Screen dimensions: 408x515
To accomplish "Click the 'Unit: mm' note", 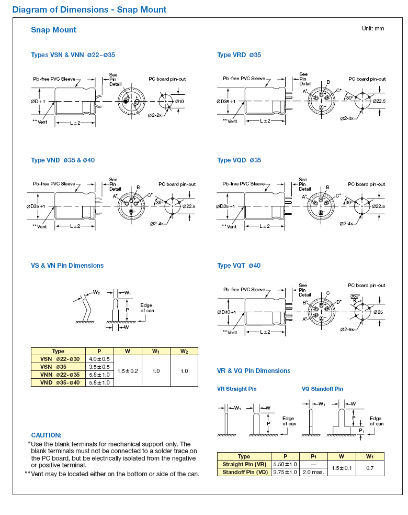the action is click(373, 29).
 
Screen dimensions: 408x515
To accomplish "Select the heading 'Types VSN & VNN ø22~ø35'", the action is click(73, 55).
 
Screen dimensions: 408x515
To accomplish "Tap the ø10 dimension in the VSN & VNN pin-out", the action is click(179, 102).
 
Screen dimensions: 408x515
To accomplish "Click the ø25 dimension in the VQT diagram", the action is click(378, 312).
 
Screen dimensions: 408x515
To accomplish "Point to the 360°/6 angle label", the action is click(355, 298).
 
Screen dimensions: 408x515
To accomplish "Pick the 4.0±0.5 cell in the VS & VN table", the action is click(99, 359).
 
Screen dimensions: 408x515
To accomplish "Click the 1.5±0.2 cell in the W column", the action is click(128, 371).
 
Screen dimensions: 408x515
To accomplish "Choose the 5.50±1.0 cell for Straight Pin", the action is click(285, 464).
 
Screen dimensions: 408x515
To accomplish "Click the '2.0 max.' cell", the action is click(313, 473).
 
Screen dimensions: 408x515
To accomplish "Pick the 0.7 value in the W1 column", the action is click(370, 468).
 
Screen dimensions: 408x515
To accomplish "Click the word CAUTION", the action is click(46, 435).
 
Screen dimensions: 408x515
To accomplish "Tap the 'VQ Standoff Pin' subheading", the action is click(322, 389).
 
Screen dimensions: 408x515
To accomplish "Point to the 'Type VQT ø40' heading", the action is click(239, 266).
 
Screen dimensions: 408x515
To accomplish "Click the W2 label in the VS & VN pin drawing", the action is click(96, 292).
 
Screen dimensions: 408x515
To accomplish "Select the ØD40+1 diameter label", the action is click(226, 312).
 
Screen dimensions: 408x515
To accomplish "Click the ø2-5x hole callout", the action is click(347, 330).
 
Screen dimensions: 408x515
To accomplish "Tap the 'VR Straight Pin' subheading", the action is click(237, 389).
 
